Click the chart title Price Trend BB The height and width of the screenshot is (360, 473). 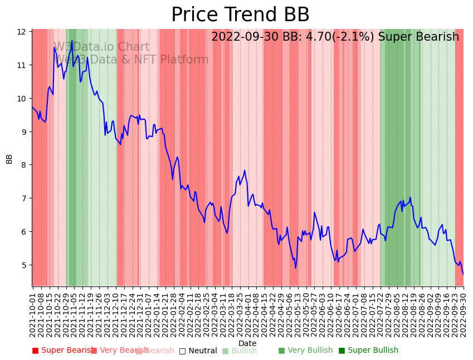pyautogui.click(x=240, y=15)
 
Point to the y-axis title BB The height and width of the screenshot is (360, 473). pyautogui.click(x=9, y=158)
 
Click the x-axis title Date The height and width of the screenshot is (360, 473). pyautogui.click(x=247, y=343)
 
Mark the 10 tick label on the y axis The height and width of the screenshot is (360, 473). pyautogui.click(x=21, y=99)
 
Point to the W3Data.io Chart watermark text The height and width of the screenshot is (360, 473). pyautogui.click(x=101, y=47)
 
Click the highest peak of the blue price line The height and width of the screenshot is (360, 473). pyautogui.click(x=72, y=40)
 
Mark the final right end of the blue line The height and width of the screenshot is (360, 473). pyautogui.click(x=463, y=274)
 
